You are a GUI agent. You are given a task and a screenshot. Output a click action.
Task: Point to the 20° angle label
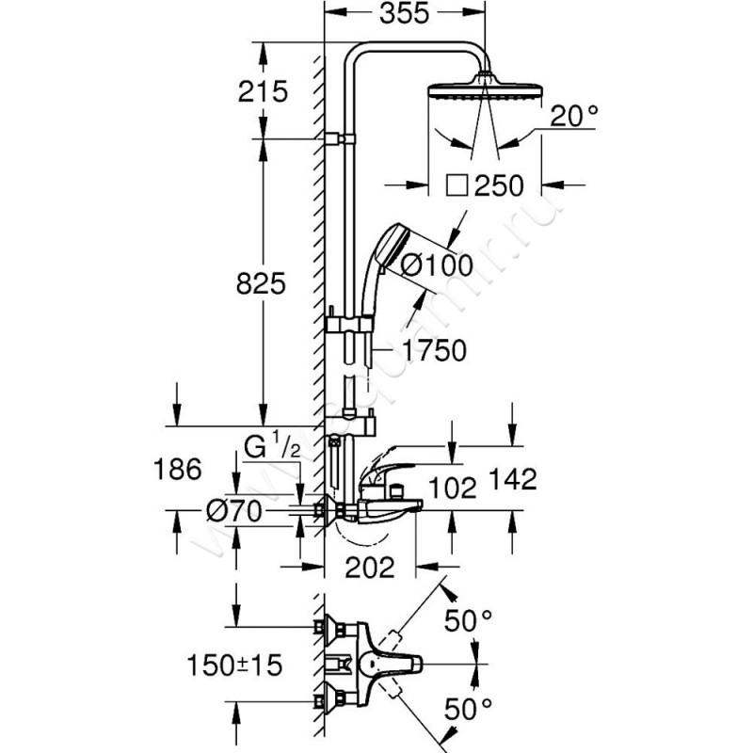[x=573, y=117]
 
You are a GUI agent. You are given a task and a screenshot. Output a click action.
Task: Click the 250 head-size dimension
[x=498, y=185]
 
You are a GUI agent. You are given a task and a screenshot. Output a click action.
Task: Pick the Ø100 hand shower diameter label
[x=436, y=265]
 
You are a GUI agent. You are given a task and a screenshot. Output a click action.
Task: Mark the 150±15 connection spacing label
[x=233, y=666]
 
